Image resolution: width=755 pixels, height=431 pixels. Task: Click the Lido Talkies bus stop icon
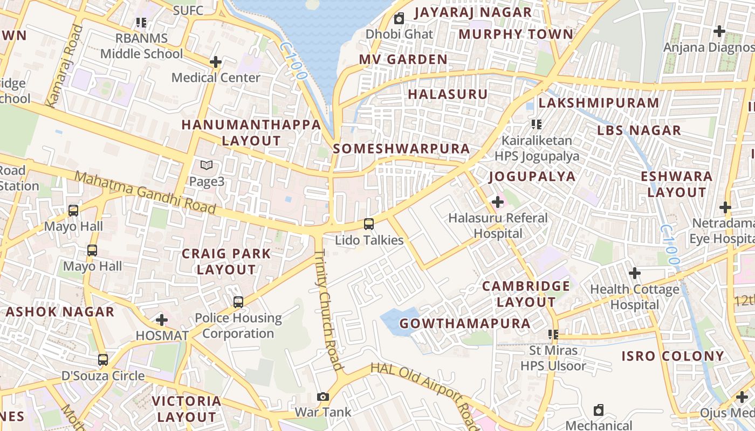tap(369, 224)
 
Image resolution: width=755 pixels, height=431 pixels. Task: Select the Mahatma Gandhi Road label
tap(145, 192)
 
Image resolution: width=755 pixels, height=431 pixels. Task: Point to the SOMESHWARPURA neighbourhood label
tap(401, 149)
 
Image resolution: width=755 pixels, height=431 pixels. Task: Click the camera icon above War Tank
tap(322, 397)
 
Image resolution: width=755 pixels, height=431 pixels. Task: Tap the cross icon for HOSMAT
tap(161, 320)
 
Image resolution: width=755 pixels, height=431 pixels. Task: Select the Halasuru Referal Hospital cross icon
tap(498, 203)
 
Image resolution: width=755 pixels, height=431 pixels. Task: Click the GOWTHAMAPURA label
tap(465, 323)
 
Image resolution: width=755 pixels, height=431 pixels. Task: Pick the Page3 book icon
tap(206, 165)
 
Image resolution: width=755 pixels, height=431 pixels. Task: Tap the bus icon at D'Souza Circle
tap(103, 359)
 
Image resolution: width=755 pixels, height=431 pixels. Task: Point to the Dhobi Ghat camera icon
tap(399, 19)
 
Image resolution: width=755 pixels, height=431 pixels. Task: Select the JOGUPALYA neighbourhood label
tap(532, 176)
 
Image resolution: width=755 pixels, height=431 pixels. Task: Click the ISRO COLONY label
tap(672, 356)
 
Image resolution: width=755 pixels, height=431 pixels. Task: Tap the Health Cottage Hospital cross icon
tap(635, 273)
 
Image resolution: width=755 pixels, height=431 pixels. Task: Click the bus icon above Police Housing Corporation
tap(238, 302)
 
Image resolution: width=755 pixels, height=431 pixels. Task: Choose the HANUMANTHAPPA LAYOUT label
tap(251, 133)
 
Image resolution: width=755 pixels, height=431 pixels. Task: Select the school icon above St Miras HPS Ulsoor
tap(553, 335)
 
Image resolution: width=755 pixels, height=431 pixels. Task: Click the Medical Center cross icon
tap(216, 62)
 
